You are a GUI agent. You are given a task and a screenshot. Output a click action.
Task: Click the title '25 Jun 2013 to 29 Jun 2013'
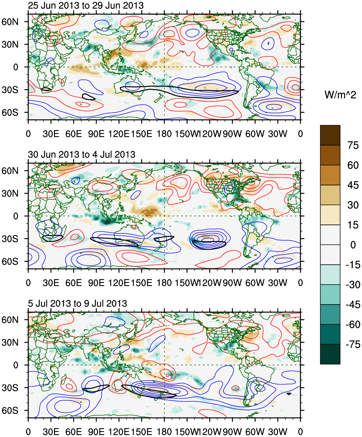point(86,5)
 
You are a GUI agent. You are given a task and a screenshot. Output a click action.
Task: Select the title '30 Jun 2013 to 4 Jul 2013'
point(82,154)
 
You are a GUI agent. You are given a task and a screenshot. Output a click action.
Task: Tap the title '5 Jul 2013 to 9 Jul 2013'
point(78,303)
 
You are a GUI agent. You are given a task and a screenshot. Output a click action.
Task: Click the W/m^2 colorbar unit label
point(340,94)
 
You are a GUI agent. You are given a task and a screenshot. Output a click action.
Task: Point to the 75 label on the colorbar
point(353,145)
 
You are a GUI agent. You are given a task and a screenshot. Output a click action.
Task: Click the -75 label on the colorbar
point(353,344)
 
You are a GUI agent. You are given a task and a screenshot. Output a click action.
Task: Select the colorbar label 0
point(353,245)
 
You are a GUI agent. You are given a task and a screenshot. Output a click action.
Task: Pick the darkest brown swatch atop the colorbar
point(330,135)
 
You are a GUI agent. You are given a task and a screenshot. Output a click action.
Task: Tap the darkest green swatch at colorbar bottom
point(330,354)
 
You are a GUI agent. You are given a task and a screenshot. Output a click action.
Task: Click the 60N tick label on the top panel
point(10,22)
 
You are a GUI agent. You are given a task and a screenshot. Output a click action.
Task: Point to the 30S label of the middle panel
point(10,239)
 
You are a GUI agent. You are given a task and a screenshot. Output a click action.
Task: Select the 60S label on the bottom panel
point(10,410)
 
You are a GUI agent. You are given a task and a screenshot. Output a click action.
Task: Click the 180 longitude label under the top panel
point(164,134)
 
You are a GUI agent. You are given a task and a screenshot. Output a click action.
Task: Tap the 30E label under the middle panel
point(51,283)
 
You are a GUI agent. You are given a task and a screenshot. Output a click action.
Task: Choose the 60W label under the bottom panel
point(255,432)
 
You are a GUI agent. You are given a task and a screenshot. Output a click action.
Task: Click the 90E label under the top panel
point(96,134)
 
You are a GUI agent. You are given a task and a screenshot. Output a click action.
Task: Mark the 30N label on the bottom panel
point(10,342)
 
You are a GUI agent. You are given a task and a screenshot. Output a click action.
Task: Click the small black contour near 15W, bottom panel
point(289,394)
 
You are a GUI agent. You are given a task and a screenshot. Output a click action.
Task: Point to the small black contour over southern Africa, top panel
point(46,89)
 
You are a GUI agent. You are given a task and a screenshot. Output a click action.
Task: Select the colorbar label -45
point(353,305)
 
